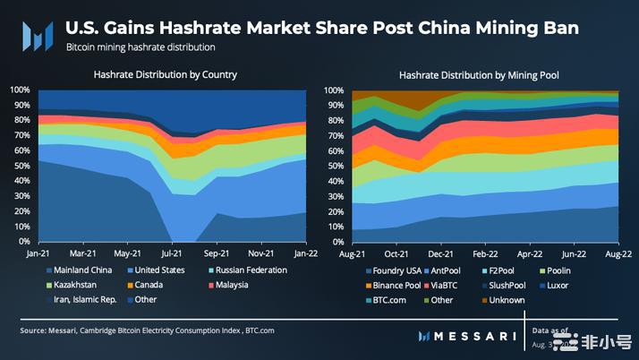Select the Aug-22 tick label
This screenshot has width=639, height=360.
618,254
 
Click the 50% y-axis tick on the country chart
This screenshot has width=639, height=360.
20,166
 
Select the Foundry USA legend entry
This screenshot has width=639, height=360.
393,270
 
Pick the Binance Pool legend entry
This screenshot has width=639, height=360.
393,285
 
